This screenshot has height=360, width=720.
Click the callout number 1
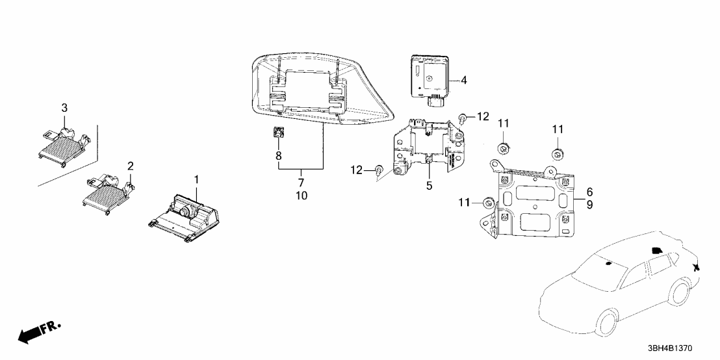[196, 179]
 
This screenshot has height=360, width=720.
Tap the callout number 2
[131, 165]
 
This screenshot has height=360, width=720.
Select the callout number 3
[64, 108]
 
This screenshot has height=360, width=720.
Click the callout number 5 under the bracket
[429, 186]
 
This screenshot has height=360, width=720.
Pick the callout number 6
[589, 192]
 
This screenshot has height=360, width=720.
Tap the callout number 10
[302, 196]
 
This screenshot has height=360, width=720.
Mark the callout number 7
[302, 183]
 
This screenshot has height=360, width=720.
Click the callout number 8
[278, 156]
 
